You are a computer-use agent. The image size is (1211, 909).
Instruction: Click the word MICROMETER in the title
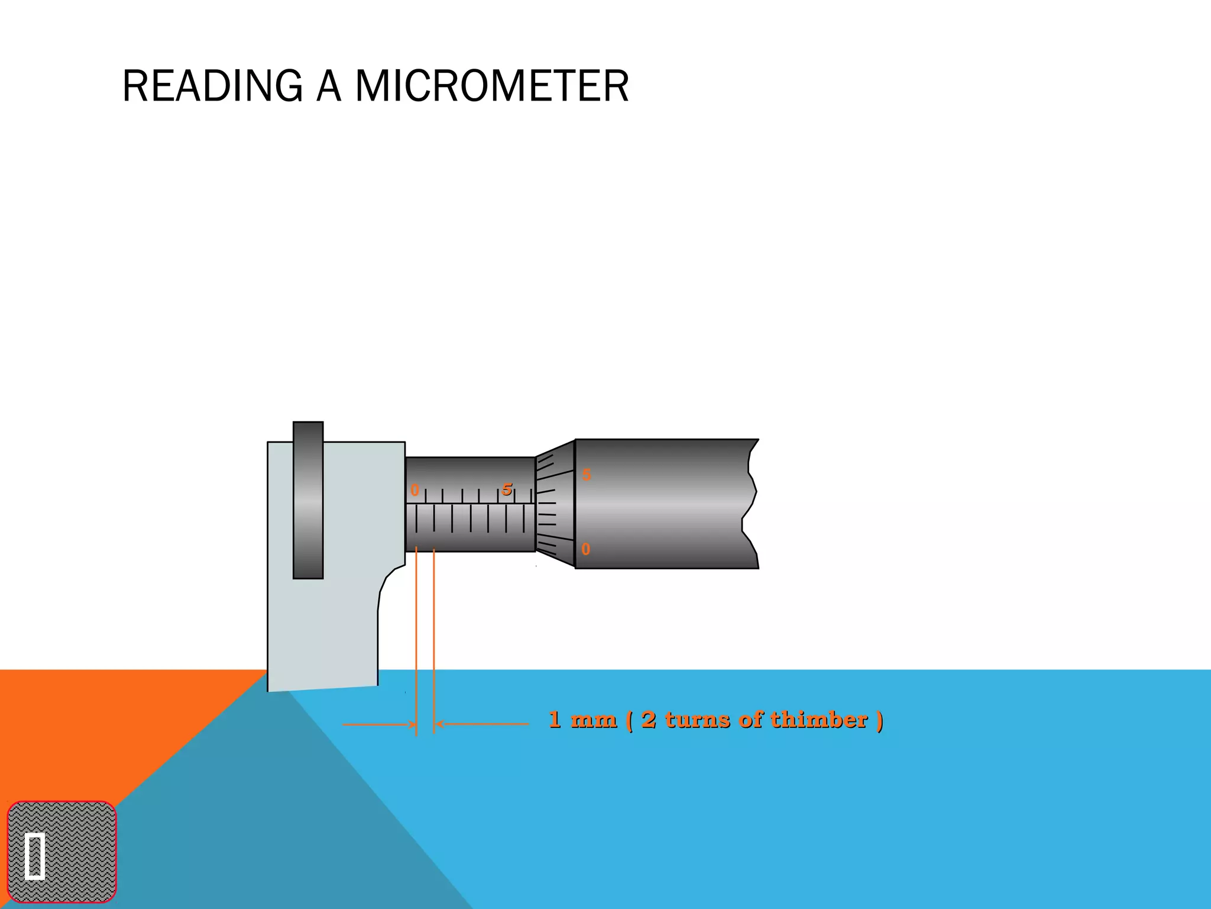click(x=491, y=86)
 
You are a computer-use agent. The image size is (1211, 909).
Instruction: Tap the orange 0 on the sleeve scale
click(x=415, y=491)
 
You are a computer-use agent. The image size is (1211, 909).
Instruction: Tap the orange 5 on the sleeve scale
click(x=507, y=489)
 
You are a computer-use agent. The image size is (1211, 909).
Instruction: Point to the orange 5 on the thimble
click(x=586, y=475)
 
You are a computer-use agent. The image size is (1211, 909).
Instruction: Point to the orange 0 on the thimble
click(x=585, y=549)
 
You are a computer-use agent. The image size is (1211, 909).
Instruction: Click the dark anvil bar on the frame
click(x=308, y=500)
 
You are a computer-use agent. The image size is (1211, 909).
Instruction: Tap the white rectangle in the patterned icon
click(x=35, y=856)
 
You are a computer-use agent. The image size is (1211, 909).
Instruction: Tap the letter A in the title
click(x=329, y=86)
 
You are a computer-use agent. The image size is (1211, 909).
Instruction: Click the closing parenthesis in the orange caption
click(x=879, y=720)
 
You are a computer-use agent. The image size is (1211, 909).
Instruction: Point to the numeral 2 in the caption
click(x=648, y=720)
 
